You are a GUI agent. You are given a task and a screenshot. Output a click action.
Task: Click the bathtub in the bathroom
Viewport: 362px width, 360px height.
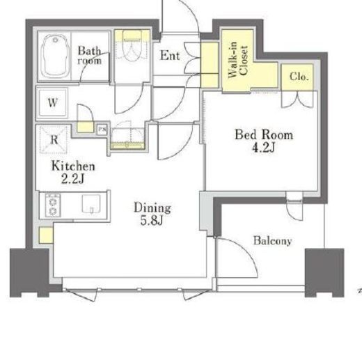pos(55,56)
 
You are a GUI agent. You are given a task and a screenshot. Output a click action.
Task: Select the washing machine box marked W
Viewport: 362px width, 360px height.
pos(53,102)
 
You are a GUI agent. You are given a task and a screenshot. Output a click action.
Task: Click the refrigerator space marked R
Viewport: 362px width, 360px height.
pos(54,139)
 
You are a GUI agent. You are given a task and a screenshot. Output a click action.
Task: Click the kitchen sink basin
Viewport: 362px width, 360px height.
pos(91,203)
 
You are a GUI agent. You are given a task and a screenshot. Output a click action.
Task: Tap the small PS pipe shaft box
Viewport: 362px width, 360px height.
pos(102,130)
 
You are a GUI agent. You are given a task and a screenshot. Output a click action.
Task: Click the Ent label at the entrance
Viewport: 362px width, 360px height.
pos(170,56)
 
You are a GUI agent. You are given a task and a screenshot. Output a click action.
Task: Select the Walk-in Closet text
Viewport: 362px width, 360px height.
pos(238,60)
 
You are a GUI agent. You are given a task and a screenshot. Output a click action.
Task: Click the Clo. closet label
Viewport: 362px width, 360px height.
pos(299,77)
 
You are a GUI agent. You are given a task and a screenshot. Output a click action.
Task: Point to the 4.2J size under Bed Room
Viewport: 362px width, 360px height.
pos(263,147)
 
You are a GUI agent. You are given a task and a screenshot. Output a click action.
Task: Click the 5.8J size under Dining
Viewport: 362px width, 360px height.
pos(152,220)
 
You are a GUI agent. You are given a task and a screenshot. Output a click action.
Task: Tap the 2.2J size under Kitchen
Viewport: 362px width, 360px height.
pos(72,179)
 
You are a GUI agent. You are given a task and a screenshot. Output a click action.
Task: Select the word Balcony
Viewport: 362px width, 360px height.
pos(272,241)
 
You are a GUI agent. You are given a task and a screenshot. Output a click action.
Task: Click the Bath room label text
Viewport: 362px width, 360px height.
pos(89,56)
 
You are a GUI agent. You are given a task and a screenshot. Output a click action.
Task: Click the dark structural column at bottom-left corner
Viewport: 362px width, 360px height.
pos(29,272)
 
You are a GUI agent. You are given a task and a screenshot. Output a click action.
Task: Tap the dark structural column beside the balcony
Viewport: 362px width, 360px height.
pos(324,272)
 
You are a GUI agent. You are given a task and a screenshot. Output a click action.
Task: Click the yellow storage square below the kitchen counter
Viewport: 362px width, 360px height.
pos(46,235)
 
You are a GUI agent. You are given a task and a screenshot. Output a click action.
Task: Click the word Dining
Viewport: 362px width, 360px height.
pos(152,208)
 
